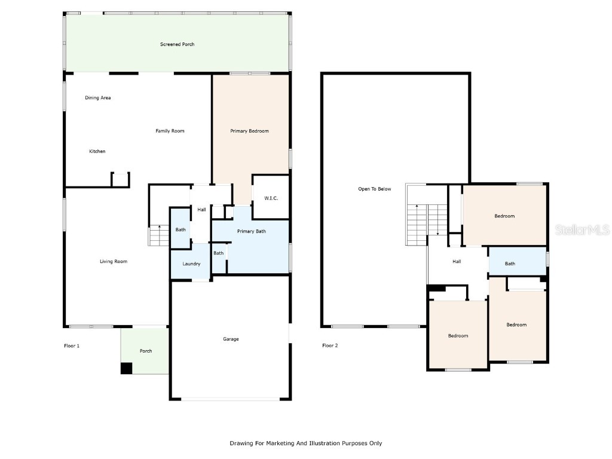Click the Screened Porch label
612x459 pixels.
tap(177, 44)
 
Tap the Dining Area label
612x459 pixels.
tap(98, 97)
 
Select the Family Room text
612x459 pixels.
tap(170, 131)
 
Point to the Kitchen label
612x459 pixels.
tap(97, 151)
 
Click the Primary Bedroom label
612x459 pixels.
tap(249, 131)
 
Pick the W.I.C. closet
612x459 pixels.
tap(271, 197)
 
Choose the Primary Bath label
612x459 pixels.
tap(252, 231)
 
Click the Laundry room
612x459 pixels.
tap(191, 262)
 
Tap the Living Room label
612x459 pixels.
tap(114, 261)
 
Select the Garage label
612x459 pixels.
tap(231, 339)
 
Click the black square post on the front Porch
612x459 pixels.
tap(126, 368)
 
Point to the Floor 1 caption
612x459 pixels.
tap(72, 345)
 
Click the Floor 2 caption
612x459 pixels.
tap(330, 345)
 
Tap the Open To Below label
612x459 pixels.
tap(375, 189)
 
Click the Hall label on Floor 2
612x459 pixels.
tap(457, 262)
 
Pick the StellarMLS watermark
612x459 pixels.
tap(582, 229)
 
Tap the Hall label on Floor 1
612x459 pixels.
tap(201, 210)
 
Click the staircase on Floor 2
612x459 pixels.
tap(427, 225)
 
